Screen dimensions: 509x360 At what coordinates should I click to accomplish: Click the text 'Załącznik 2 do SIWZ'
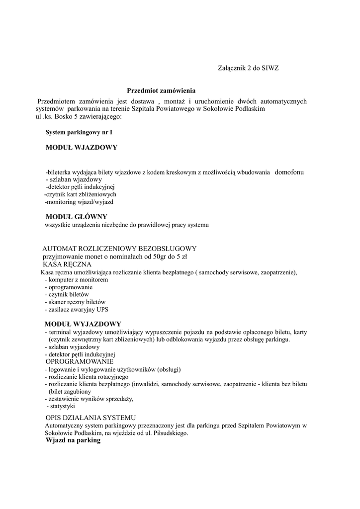(x=249, y=68)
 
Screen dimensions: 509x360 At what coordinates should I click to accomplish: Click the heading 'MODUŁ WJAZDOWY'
(x=82, y=148)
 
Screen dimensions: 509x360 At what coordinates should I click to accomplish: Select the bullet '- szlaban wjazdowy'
(x=74, y=179)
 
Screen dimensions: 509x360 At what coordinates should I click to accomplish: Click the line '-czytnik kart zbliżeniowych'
(x=80, y=194)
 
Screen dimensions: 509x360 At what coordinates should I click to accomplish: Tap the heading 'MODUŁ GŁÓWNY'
(x=77, y=217)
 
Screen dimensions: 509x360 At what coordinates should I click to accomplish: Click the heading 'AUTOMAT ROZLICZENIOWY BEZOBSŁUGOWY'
(x=119, y=249)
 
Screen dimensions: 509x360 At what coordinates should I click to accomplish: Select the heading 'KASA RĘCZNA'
(x=67, y=264)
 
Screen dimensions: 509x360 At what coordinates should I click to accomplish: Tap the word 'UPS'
(x=102, y=309)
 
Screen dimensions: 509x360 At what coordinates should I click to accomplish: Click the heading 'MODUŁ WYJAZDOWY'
(x=83, y=324)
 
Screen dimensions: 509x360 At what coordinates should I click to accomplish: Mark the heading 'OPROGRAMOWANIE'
(x=80, y=361)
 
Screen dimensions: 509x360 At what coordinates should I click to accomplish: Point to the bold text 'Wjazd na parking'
(x=73, y=440)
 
